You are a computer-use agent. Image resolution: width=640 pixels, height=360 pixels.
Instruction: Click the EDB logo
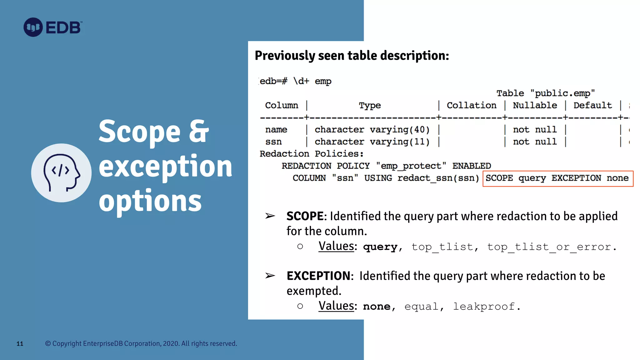(x=53, y=27)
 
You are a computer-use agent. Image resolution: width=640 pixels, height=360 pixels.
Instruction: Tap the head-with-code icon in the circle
(x=61, y=172)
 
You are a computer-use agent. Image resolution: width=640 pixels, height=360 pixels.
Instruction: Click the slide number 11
(x=20, y=344)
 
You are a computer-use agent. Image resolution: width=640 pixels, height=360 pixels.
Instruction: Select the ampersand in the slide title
(x=199, y=131)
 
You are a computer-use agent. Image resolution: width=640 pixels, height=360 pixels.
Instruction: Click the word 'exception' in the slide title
(x=165, y=166)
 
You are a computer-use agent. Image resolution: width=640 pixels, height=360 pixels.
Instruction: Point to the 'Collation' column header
(x=471, y=106)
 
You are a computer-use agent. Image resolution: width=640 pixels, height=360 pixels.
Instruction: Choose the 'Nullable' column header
(x=535, y=106)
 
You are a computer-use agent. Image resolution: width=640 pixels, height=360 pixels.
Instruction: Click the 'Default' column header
(x=592, y=106)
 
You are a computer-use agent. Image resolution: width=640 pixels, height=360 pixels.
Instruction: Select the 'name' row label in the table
(x=276, y=130)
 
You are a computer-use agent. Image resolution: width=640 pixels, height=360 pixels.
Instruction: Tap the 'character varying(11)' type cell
(x=372, y=142)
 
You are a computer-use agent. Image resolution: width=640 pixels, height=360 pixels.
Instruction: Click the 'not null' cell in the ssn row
(x=535, y=142)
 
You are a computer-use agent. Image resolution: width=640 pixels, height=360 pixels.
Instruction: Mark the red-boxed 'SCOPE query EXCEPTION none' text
(x=557, y=178)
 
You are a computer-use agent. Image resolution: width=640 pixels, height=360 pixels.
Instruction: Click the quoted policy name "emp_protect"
(x=411, y=166)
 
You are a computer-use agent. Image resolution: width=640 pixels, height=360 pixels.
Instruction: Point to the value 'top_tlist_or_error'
(x=549, y=247)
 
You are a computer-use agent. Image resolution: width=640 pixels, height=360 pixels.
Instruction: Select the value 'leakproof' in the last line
(x=484, y=307)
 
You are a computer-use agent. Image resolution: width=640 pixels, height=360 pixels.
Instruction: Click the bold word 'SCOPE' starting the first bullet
(x=305, y=216)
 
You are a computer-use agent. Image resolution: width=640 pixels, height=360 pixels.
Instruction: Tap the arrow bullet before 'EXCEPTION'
(x=270, y=276)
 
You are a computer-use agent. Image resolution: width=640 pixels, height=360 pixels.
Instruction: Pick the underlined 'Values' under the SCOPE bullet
(x=336, y=246)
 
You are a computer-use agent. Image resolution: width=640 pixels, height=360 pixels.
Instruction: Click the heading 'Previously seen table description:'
(x=352, y=56)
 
